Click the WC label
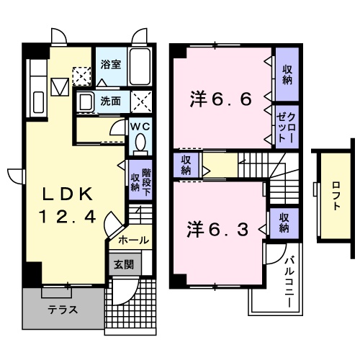click(x=140, y=127)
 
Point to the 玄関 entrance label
click(x=122, y=264)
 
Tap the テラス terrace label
click(x=63, y=310)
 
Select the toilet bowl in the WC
click(x=140, y=144)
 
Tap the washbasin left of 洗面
click(x=85, y=102)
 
